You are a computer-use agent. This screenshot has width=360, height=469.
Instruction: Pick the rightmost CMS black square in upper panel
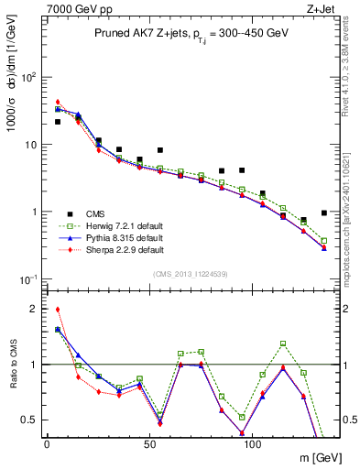click(324, 213)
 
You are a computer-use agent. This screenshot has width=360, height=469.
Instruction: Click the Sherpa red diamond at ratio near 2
click(58, 310)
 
